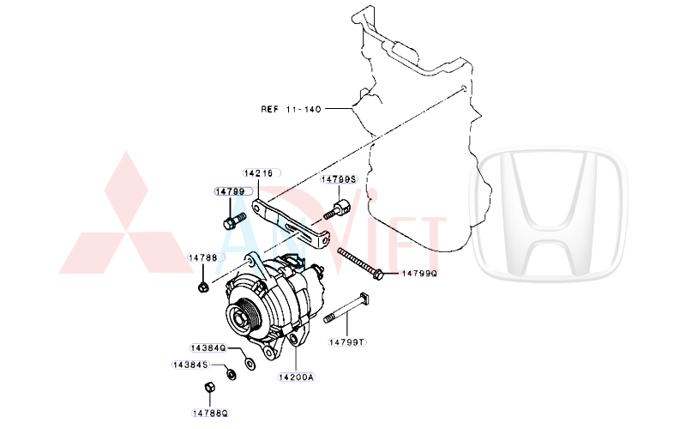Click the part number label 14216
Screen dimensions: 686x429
click(x=258, y=173)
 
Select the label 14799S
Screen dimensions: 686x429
click(x=339, y=179)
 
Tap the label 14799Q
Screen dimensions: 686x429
click(x=419, y=274)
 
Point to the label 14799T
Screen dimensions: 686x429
click(x=346, y=342)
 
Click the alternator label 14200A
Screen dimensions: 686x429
click(x=296, y=377)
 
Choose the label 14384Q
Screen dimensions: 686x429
click(x=208, y=348)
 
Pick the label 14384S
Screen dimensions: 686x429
click(x=190, y=365)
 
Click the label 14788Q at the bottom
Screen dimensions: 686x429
click(x=210, y=413)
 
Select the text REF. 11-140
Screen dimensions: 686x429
click(x=291, y=109)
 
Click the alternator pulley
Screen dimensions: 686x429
click(x=243, y=317)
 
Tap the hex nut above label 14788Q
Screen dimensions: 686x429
click(x=209, y=388)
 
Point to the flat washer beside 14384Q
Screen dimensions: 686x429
click(x=250, y=364)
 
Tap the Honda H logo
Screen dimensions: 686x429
click(x=549, y=214)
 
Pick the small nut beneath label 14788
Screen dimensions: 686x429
click(x=202, y=287)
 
